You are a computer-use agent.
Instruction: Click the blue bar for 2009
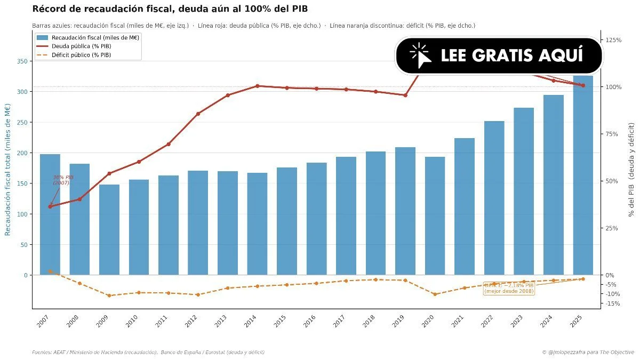pos(109,230)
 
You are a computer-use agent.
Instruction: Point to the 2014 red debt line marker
pos(257,86)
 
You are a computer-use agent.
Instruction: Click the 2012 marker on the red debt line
pos(198,114)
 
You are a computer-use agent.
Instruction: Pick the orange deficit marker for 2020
pos(435,294)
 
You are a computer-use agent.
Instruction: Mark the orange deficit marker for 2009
pos(109,295)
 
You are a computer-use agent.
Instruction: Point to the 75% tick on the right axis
pos(613,134)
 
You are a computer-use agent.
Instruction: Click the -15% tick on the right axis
pos(612,303)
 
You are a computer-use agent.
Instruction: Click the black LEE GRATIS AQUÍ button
pos(499,55)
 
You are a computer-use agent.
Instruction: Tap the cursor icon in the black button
pos(420,55)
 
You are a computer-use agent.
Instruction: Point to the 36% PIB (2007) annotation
pos(62,180)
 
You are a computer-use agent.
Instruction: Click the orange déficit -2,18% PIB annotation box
pos(509,289)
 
